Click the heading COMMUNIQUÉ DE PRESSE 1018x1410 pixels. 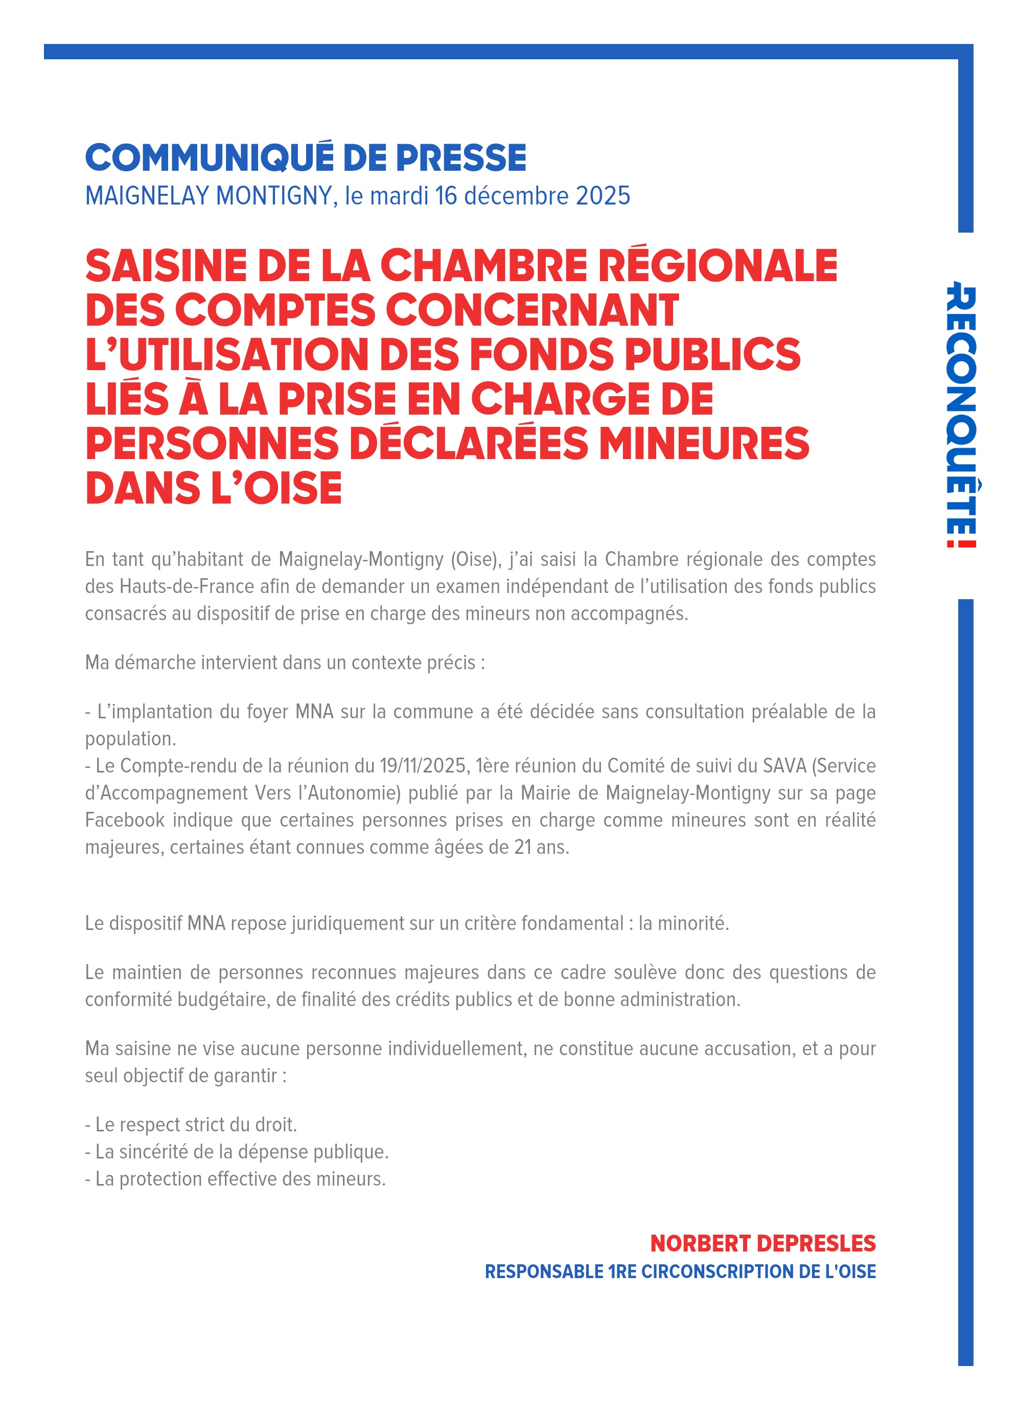pos(305,158)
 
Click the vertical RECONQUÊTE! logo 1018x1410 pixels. pos(960,416)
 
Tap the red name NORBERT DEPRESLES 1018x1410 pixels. pos(762,1243)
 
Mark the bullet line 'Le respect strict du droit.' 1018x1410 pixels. pos(192,1125)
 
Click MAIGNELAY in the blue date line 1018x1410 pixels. pos(147,196)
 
